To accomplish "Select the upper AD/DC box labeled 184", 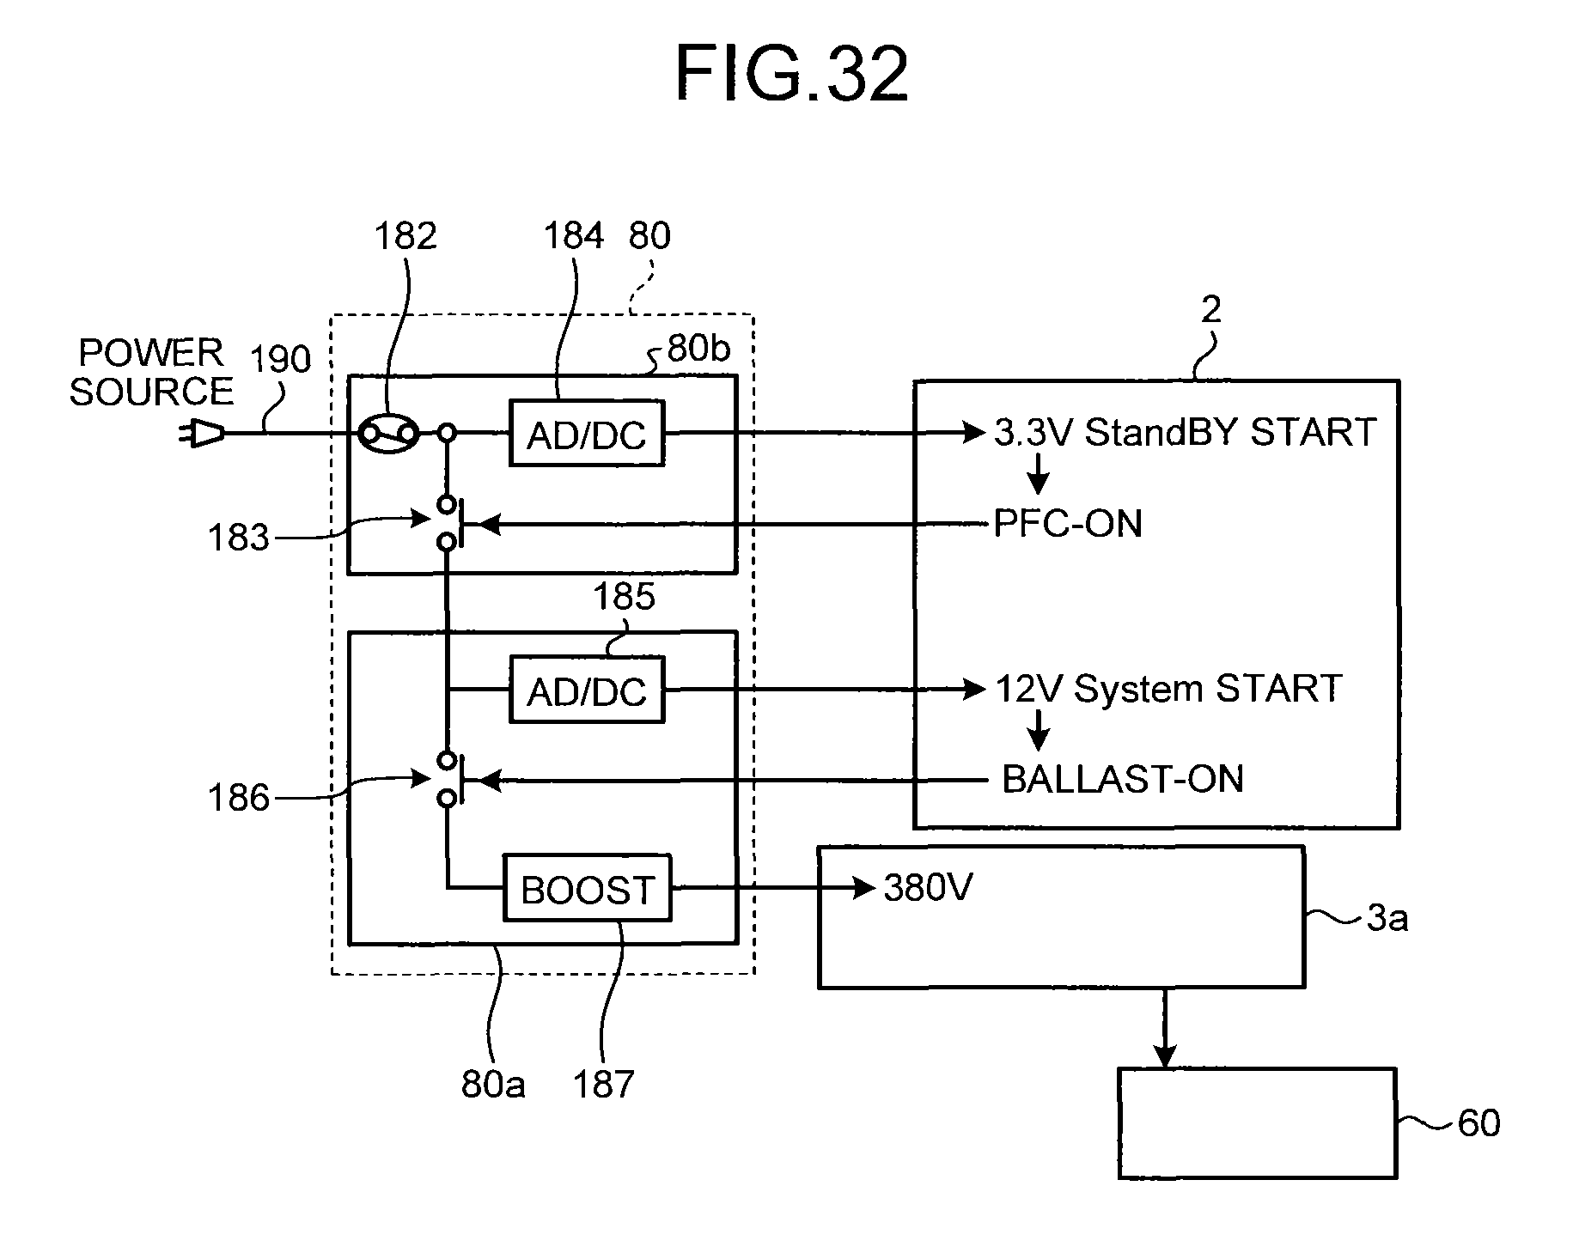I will tap(587, 434).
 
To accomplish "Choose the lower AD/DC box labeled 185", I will tap(587, 690).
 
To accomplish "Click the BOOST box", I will tap(587, 889).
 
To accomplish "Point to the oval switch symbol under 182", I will tap(388, 434).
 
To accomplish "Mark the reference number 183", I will tap(238, 538).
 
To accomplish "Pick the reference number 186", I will tap(238, 798).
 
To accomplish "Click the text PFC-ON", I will tap(1067, 523).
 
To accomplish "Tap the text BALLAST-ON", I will tap(1122, 780).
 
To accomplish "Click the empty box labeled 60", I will tap(1256, 1122).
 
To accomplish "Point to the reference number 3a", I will tap(1387, 919).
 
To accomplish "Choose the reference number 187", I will tap(603, 1085).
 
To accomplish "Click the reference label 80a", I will tap(493, 1085).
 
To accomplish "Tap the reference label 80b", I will tap(698, 349).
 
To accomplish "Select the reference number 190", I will tap(280, 359).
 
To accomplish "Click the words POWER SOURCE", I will tap(151, 372).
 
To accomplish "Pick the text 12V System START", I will tap(1168, 689).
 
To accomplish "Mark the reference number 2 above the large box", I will tap(1210, 309).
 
